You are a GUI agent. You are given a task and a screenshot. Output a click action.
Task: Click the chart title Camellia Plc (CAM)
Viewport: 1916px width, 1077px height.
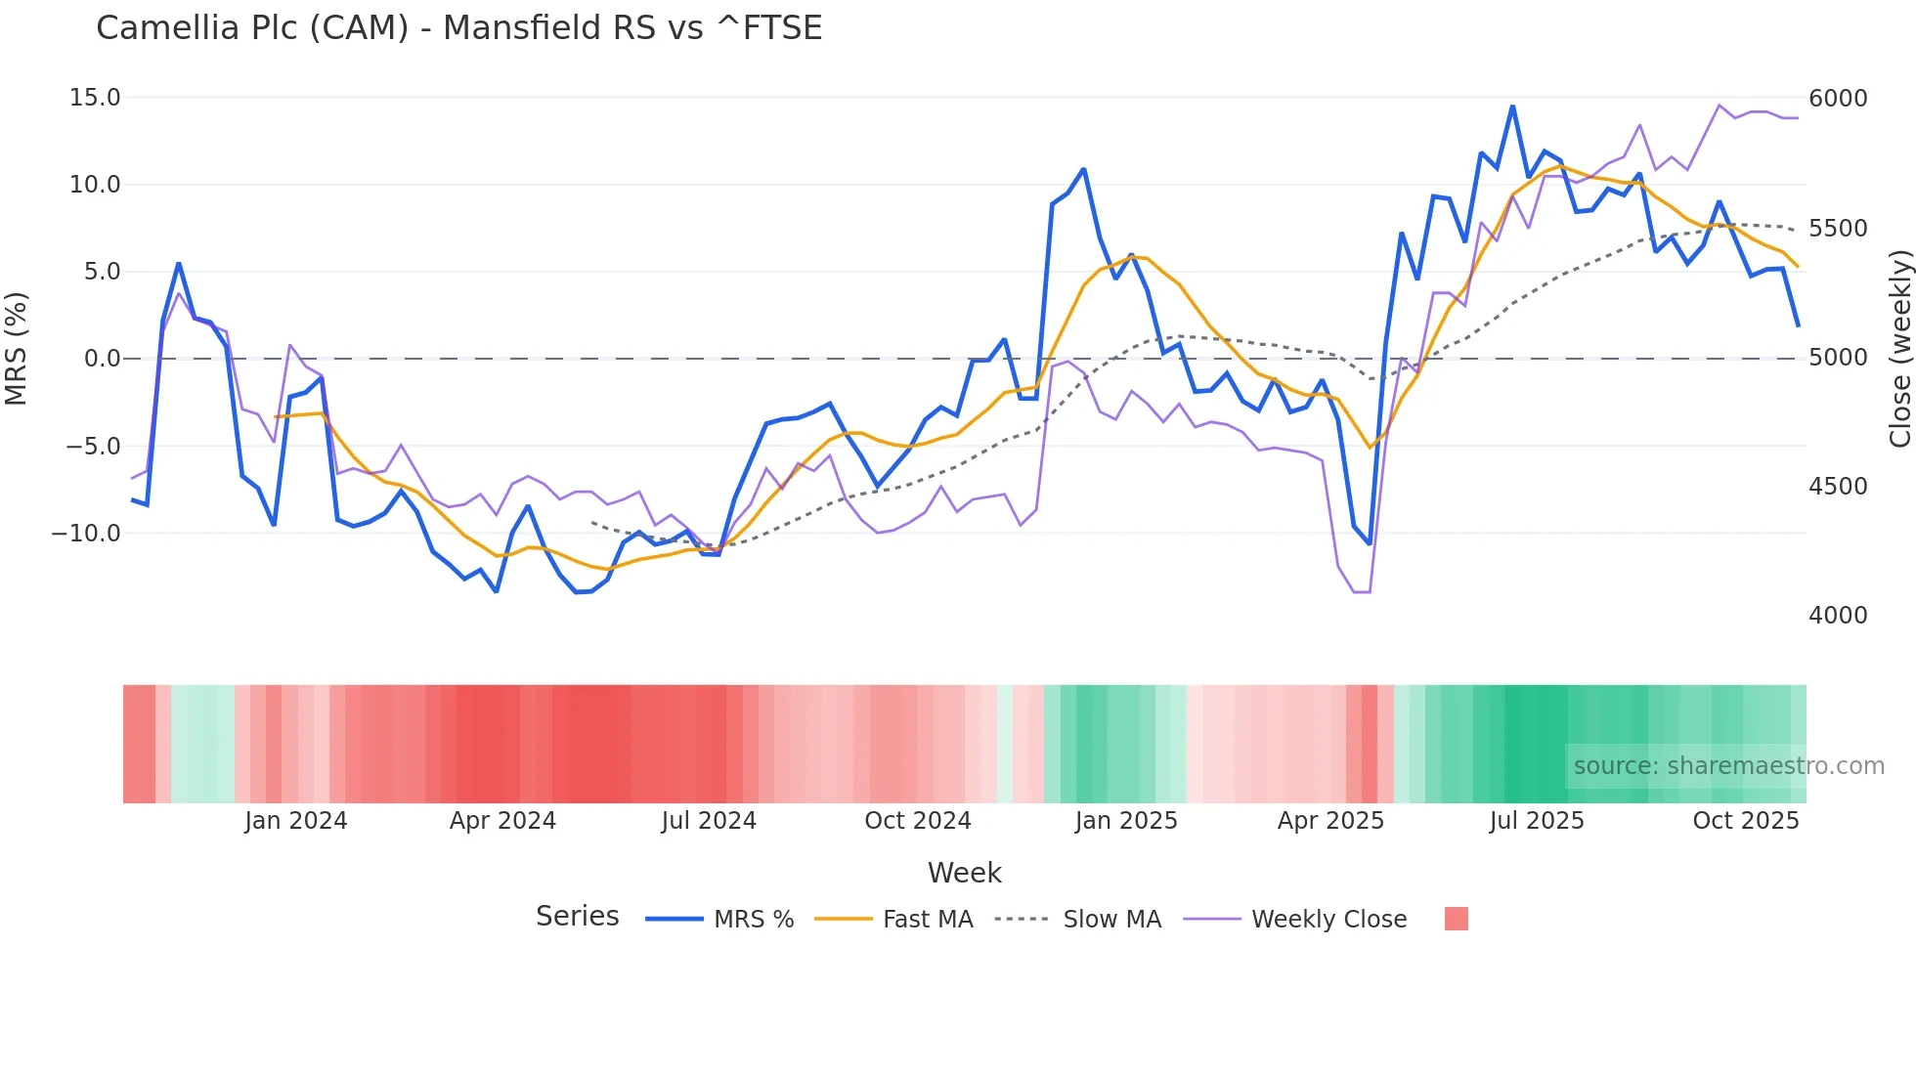pyautogui.click(x=458, y=28)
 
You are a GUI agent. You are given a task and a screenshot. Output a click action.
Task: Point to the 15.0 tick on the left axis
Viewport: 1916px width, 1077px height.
pyautogui.click(x=95, y=98)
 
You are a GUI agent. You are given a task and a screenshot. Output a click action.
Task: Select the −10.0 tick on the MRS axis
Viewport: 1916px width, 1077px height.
pyautogui.click(x=86, y=534)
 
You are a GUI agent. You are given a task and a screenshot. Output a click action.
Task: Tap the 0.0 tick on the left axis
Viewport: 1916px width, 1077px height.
pyautogui.click(x=103, y=359)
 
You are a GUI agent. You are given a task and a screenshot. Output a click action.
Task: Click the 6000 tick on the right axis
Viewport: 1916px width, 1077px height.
pyautogui.click(x=1838, y=99)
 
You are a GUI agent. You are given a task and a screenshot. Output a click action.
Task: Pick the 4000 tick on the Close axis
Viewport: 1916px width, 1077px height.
pyautogui.click(x=1838, y=616)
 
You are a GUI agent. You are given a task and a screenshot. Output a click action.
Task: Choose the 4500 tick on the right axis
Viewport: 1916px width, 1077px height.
pyautogui.click(x=1838, y=487)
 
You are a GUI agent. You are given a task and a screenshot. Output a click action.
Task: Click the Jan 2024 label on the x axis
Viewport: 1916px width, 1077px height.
pyautogui.click(x=295, y=821)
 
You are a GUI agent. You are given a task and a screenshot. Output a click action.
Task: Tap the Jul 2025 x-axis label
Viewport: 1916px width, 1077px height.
pyautogui.click(x=1537, y=821)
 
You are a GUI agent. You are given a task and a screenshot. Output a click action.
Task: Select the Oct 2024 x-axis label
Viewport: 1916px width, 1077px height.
pyautogui.click(x=917, y=821)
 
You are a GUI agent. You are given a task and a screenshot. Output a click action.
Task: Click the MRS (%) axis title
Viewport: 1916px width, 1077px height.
pyautogui.click(x=17, y=348)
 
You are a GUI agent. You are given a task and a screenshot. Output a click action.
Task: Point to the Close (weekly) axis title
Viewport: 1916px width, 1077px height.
pyautogui.click(x=1899, y=348)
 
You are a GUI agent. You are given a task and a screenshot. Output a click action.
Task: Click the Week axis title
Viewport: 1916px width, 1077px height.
pyautogui.click(x=964, y=873)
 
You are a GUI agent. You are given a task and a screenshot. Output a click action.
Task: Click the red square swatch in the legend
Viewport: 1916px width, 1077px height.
pyautogui.click(x=1456, y=919)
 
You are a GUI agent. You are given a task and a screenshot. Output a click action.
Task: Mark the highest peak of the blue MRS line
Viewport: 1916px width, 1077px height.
pyautogui.click(x=1512, y=106)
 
